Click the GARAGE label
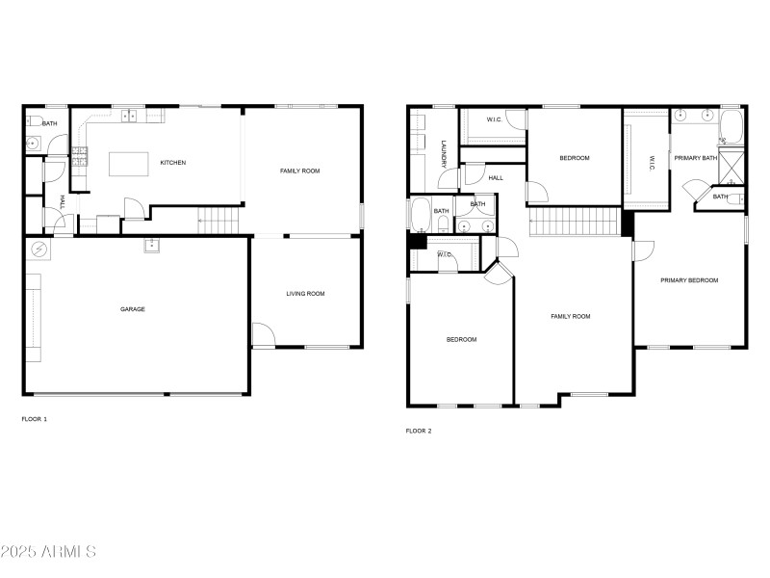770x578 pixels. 133,309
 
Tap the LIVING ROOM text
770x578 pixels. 305,294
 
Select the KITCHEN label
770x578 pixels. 173,163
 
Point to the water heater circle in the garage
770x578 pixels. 39,250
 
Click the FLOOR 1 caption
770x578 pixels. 34,419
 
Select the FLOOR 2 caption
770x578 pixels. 419,431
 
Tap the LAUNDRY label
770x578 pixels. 444,155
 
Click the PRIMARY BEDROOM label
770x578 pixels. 689,280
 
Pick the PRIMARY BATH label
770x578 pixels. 695,158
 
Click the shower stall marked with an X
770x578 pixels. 733,167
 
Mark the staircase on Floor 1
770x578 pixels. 218,220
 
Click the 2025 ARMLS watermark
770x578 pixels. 48,552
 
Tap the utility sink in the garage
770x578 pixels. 151,245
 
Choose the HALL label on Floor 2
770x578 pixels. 496,178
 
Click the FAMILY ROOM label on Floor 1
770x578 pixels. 299,171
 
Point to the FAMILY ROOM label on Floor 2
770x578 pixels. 570,316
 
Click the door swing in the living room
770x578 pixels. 262,335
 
